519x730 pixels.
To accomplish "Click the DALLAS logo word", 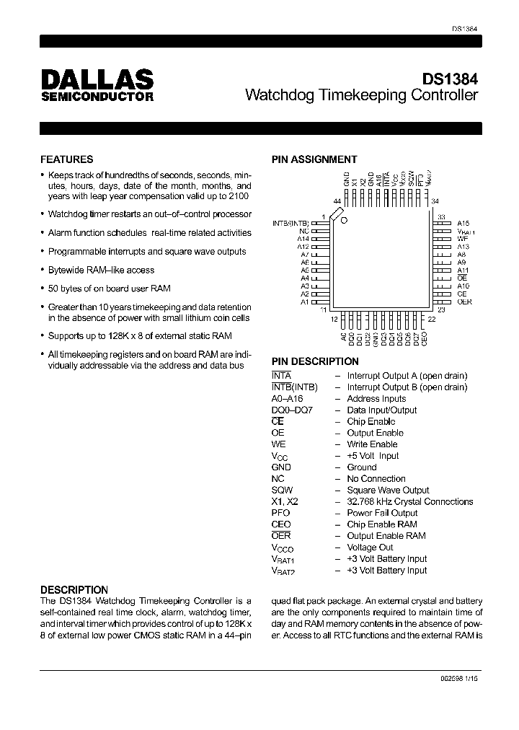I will [96, 79].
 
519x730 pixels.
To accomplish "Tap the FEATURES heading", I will [66, 159].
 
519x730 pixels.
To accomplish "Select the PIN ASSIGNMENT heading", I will [314, 159].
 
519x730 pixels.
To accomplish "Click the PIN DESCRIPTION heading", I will [315, 361].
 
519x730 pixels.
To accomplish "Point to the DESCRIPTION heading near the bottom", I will [74, 589].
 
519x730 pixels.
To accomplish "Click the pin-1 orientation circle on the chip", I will [345, 219].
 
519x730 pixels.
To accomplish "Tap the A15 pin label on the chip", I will [463, 224].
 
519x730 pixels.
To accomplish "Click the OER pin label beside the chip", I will [464, 302].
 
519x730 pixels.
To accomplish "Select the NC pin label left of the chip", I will [304, 231].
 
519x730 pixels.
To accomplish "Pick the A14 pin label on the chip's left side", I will [303, 239].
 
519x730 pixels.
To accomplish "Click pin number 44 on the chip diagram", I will [337, 201].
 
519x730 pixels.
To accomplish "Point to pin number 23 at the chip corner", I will [441, 309].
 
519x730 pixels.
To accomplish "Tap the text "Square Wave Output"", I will [388, 490].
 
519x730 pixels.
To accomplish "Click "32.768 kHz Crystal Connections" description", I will [409, 501].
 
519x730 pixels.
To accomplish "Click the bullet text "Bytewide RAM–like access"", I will [101, 270].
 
